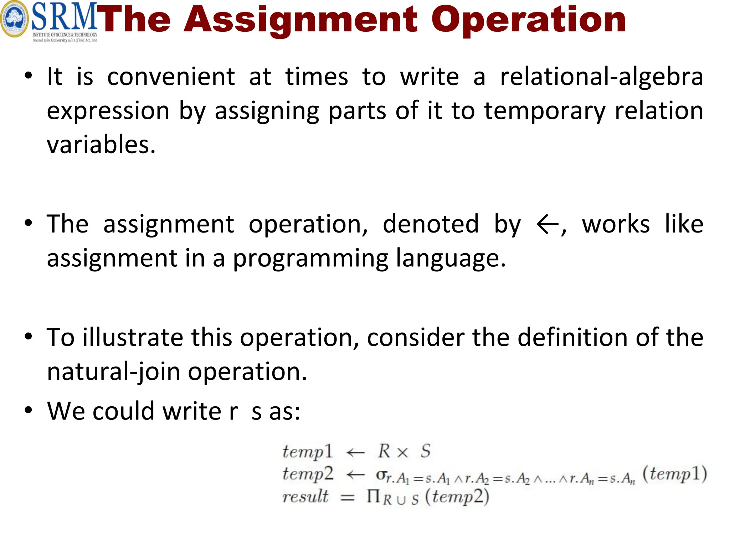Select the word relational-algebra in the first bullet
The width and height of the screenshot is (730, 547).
pos(602,77)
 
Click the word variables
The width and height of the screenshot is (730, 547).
pos(101,145)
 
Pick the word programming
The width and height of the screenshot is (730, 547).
pos(310,259)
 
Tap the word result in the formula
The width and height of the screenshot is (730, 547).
pos(305,496)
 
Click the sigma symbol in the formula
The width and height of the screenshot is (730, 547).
pos(381,475)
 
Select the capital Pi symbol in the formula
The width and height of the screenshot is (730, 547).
pos(373,496)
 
